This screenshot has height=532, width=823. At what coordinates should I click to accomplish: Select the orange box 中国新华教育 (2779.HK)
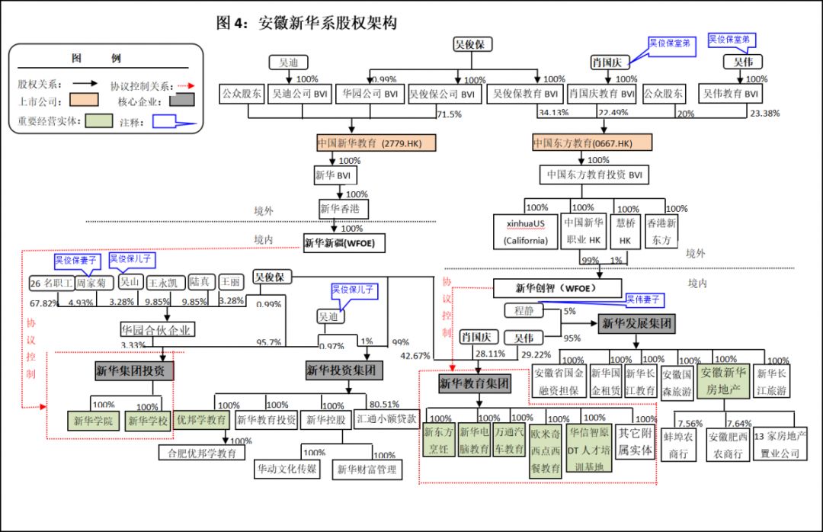(x=375, y=143)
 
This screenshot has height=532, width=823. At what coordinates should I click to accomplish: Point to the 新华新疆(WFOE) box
(x=344, y=243)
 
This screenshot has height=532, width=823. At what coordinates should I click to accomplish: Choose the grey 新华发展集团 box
(x=637, y=323)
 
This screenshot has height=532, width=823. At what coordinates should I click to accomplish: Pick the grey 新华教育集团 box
(x=474, y=384)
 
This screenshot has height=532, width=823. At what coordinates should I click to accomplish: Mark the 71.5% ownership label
(x=449, y=114)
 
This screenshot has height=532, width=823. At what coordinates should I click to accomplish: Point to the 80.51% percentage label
(x=384, y=404)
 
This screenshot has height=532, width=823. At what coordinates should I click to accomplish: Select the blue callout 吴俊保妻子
(x=75, y=260)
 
